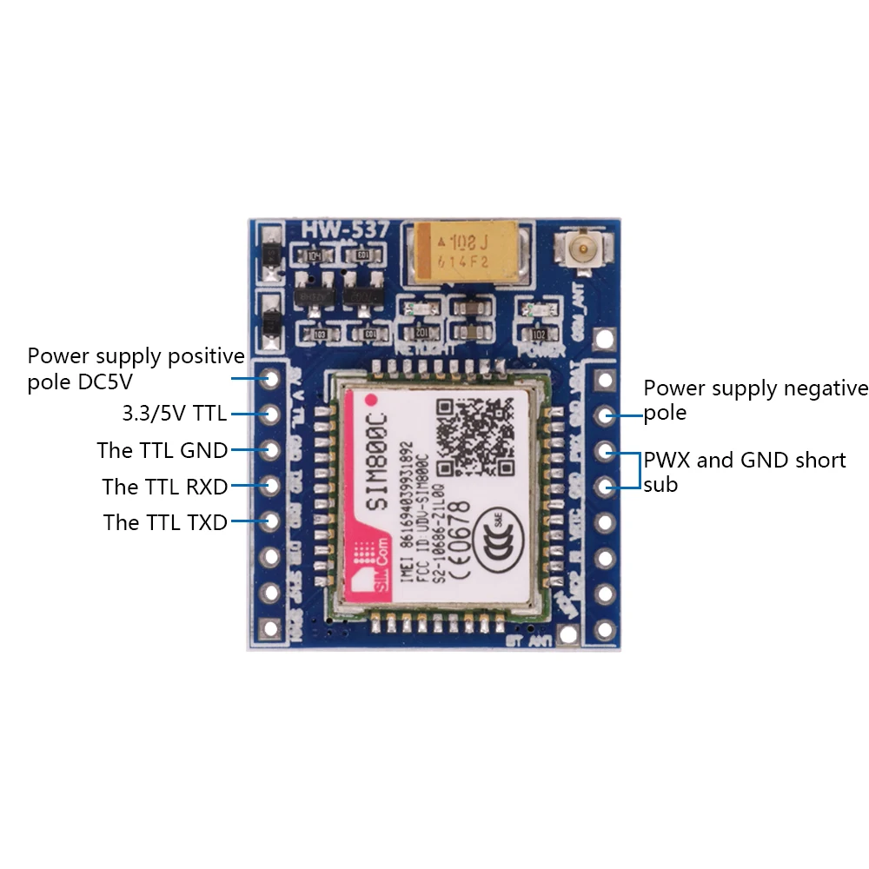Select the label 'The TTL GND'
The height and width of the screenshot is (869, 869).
163,450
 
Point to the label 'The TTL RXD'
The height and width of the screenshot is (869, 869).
164,487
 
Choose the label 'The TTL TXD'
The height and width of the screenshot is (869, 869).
165,522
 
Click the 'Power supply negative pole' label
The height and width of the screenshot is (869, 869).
754,400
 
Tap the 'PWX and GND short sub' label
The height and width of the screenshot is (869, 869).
744,471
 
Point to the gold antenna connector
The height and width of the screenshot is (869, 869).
578,253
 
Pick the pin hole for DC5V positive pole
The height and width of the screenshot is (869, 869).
271,380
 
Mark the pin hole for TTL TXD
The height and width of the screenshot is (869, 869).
271,521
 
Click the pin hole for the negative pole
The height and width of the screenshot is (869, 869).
605,415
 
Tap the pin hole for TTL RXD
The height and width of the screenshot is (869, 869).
271,486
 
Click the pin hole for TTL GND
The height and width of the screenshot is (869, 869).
271,450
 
